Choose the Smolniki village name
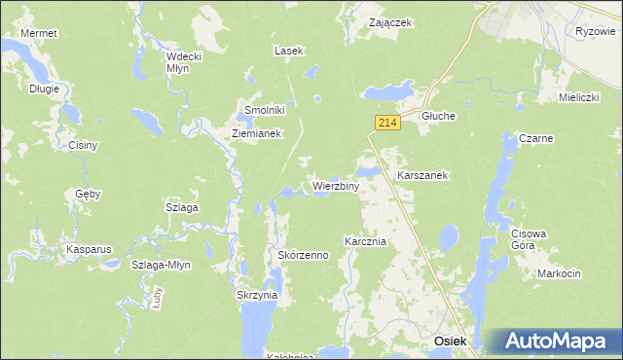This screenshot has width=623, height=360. [263, 111]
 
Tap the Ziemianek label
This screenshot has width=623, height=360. [256, 134]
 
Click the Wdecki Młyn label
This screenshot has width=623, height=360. [184, 61]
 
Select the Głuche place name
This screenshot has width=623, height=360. [438, 116]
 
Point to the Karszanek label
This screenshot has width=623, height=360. [422, 176]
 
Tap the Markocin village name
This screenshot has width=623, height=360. [558, 273]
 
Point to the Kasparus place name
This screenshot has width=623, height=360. [90, 249]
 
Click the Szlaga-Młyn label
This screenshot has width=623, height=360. [162, 265]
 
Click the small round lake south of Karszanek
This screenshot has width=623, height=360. [449, 236]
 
